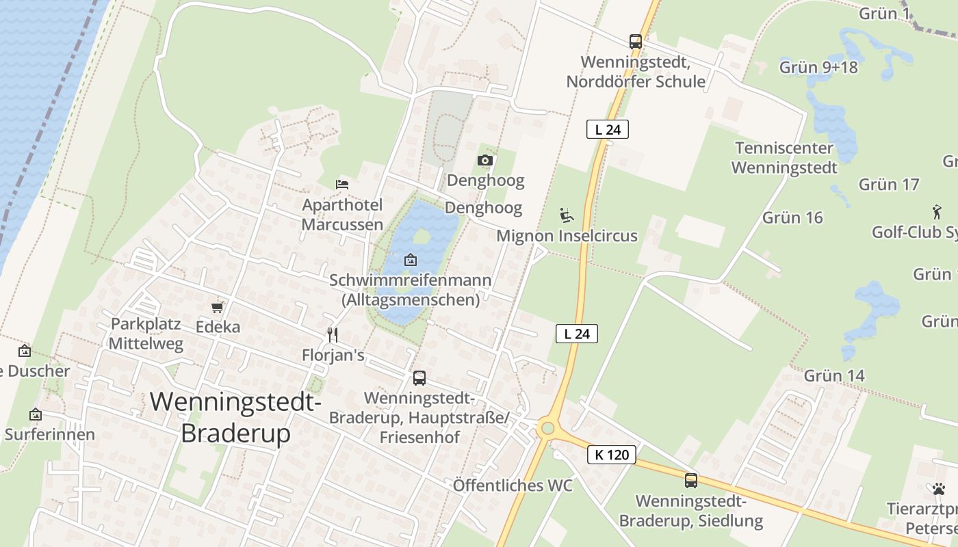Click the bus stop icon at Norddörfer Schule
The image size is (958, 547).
coord(636,42)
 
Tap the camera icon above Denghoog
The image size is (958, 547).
coord(485,160)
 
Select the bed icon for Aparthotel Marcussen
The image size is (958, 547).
coord(342,184)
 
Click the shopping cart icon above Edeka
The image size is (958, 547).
coord(218,308)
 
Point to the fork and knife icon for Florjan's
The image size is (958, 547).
coord(333,334)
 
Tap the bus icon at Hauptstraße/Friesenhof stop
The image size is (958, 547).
coord(419,377)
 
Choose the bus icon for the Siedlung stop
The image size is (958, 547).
coord(691,480)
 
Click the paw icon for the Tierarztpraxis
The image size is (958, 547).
coord(938,489)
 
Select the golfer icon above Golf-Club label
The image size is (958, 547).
coord(937,211)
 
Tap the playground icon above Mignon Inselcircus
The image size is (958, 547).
coord(567,216)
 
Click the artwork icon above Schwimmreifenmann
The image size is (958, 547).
coord(411,260)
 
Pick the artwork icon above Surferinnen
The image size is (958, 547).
coord(36,414)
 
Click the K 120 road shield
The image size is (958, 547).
coord(612,455)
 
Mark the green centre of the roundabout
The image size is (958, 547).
coord(547,429)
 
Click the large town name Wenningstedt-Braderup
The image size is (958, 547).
coord(235,416)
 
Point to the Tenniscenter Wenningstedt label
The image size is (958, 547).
coord(784,158)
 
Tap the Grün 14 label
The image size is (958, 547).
coord(834,375)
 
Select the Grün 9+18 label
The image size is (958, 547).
coord(818,67)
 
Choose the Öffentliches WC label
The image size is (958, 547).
coord(513,485)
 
